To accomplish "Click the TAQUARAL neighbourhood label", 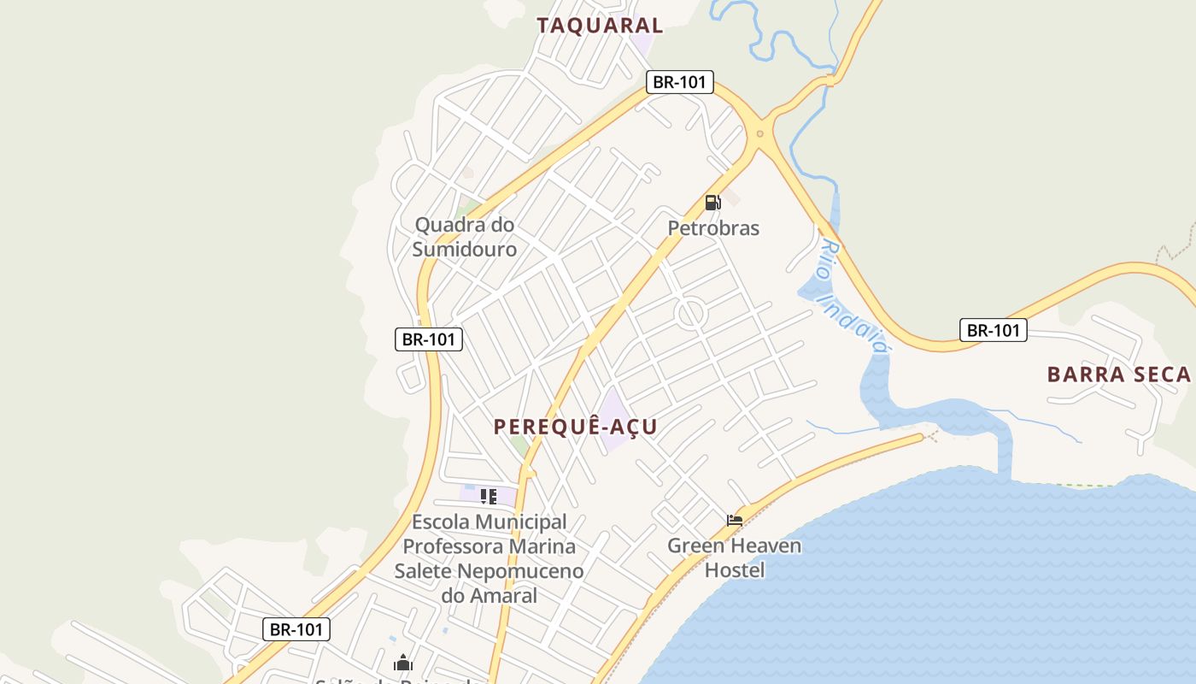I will (x=600, y=26).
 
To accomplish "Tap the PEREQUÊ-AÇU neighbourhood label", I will (x=576, y=427).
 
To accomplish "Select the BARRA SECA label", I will (x=1118, y=374).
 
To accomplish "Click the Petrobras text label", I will (x=713, y=228).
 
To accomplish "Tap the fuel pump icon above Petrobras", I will (x=712, y=203).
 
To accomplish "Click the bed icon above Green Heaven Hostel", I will (x=734, y=520).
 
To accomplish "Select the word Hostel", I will (x=735, y=569).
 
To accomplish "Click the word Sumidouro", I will (x=465, y=250).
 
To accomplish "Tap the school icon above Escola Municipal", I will (x=489, y=496).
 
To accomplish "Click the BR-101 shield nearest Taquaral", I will (x=679, y=82).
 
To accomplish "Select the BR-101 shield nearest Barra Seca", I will (x=993, y=330).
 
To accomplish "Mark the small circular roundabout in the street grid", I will (x=690, y=313).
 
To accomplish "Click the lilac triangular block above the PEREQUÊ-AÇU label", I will (x=613, y=409).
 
